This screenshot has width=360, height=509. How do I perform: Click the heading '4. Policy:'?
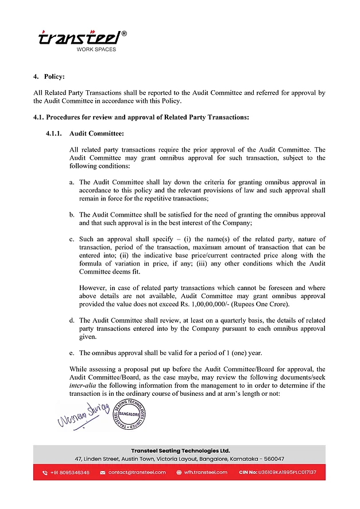point(49,76)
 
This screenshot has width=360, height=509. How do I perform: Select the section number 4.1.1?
point(55,134)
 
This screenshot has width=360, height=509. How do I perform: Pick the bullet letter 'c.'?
point(72,239)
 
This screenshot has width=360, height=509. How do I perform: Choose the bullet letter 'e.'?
point(72,353)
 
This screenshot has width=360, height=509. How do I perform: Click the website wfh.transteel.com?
point(206,472)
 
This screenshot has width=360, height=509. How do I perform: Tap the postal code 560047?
point(271,459)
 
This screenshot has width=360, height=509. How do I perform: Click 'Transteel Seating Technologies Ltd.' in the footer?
point(180,450)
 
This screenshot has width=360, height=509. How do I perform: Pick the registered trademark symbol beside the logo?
point(124,34)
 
